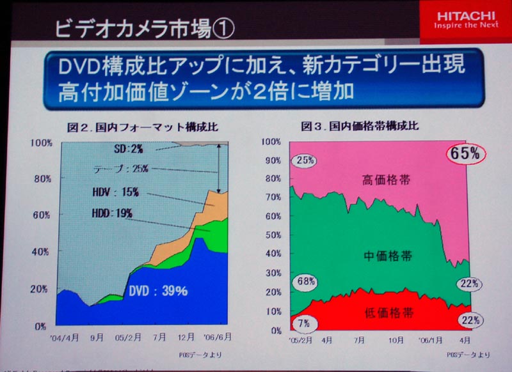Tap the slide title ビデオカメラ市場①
tap(137, 29)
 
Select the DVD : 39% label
tap(157, 291)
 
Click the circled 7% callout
tap(303, 323)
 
